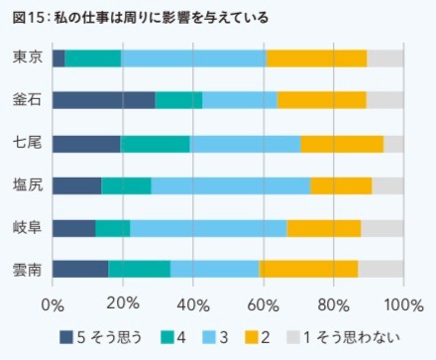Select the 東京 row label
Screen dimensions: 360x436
point(27,58)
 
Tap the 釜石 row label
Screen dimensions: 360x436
point(27,99)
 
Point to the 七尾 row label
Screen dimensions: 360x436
point(27,143)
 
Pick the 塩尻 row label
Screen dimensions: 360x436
point(27,185)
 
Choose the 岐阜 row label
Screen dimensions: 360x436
point(27,228)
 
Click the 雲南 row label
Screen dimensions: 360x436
point(27,270)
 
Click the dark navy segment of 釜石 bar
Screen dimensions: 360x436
point(103,99)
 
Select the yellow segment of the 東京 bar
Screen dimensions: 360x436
point(316,58)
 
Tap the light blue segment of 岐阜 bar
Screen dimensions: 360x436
point(208,228)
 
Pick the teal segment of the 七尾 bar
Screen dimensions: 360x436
point(155,143)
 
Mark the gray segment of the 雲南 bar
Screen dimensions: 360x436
point(381,270)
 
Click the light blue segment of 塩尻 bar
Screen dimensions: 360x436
point(231,185)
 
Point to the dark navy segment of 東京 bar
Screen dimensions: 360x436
point(58,58)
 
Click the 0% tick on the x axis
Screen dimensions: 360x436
point(53,301)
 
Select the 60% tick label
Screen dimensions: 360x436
point(263,301)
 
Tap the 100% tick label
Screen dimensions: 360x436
point(402,301)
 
